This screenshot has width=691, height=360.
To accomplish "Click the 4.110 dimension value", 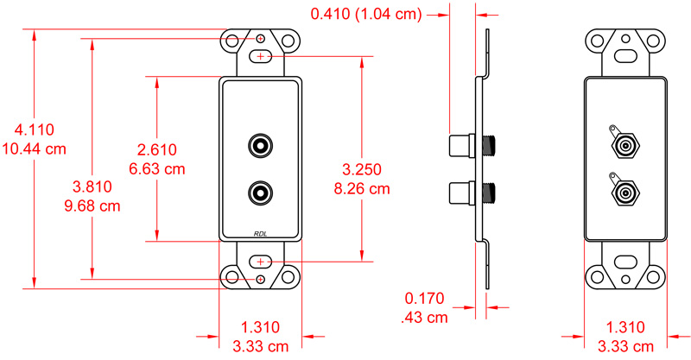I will (x=35, y=130).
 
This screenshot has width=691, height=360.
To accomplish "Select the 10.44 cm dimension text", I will (x=35, y=148).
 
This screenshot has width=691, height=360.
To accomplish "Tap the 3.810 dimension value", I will (x=91, y=186).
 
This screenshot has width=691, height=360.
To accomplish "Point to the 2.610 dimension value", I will (x=156, y=150).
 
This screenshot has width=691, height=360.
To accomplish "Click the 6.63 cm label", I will (x=156, y=169).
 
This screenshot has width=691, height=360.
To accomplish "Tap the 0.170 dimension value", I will (x=424, y=299).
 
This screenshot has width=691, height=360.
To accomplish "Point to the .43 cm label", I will (x=424, y=317).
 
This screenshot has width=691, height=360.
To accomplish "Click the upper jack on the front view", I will (x=260, y=144).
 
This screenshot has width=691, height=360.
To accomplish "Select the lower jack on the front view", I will (x=260, y=191).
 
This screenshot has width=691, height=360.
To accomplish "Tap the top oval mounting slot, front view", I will (x=260, y=56).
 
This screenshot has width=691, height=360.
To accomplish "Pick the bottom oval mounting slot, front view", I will (x=260, y=261).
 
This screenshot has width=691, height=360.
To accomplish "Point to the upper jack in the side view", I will (x=463, y=144).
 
